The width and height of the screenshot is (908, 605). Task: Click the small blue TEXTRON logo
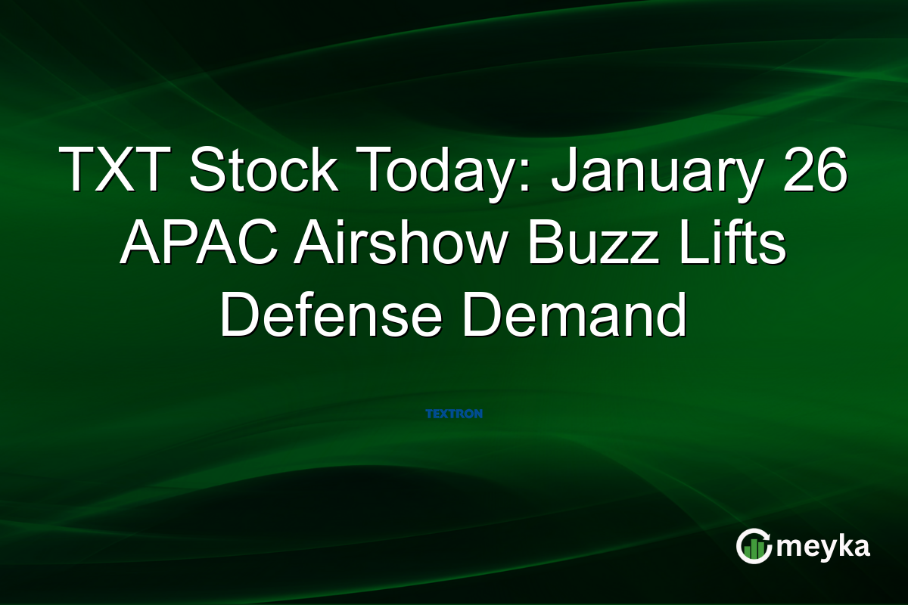454,414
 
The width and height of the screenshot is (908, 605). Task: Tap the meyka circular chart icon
754,545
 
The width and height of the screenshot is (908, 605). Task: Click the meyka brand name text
824,546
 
